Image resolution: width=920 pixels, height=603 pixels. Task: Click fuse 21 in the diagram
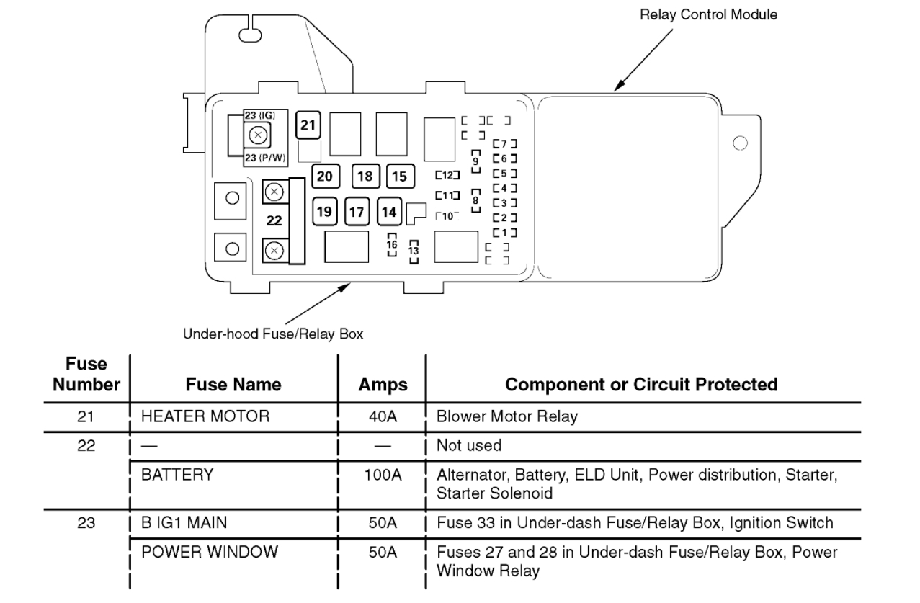pyautogui.click(x=308, y=126)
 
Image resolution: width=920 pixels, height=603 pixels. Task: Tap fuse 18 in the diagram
pyautogui.click(x=365, y=177)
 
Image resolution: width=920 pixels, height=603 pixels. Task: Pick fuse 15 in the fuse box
pyautogui.click(x=399, y=177)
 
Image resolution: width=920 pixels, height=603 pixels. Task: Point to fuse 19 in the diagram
pyautogui.click(x=325, y=211)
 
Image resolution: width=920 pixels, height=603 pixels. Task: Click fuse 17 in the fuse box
pyautogui.click(x=357, y=211)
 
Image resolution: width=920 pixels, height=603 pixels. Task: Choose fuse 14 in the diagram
pyautogui.click(x=389, y=211)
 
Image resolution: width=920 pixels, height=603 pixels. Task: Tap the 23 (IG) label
pyautogui.click(x=259, y=115)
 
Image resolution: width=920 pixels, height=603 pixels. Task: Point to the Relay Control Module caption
pyautogui.click(x=708, y=14)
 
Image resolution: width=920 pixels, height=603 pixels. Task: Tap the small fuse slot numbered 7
pyautogui.click(x=505, y=144)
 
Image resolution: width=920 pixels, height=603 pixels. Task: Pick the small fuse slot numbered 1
pyautogui.click(x=505, y=232)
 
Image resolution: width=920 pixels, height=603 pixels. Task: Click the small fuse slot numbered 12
pyautogui.click(x=447, y=175)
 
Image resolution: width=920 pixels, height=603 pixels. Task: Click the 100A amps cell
pyautogui.click(x=383, y=475)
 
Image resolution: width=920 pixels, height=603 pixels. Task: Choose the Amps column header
pyautogui.click(x=383, y=385)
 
